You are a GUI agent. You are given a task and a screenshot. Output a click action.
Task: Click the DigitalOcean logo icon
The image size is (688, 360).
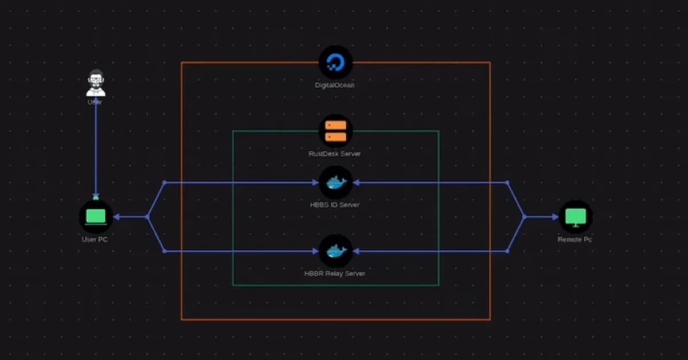[x=335, y=62]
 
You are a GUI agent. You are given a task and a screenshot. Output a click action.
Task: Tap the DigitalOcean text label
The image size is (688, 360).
[x=335, y=85]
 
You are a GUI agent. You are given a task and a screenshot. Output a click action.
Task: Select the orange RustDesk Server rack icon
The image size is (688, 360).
[x=335, y=131]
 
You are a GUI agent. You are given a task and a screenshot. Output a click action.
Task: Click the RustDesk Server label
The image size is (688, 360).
[x=335, y=154]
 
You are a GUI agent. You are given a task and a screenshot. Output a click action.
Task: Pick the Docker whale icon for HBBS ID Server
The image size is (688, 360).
[x=336, y=183]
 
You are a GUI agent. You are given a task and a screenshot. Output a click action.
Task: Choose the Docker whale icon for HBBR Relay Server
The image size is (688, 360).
[x=336, y=251]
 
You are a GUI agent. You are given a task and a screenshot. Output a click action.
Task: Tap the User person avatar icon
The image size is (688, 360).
[x=96, y=83]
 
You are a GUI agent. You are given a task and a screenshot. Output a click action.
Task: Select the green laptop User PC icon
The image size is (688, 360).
[x=95, y=217]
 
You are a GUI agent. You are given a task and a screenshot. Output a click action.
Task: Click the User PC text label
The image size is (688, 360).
[x=95, y=240]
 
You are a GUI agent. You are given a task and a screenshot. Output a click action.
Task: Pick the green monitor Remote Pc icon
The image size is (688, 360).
[x=575, y=217]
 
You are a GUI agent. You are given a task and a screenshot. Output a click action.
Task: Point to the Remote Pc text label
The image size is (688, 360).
[x=574, y=240]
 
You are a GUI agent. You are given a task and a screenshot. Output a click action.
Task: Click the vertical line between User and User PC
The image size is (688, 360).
[x=96, y=149]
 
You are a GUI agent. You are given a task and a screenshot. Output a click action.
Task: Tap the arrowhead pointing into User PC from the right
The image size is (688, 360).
[x=116, y=217]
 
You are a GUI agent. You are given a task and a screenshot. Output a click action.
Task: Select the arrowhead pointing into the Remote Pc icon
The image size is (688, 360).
[x=554, y=217]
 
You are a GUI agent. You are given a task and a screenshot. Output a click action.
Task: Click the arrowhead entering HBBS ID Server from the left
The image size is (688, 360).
[x=315, y=183]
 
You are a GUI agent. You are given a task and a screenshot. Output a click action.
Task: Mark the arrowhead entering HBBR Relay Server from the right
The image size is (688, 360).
[x=356, y=251]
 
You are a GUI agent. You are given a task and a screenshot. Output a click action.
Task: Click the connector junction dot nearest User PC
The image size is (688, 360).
[x=147, y=217]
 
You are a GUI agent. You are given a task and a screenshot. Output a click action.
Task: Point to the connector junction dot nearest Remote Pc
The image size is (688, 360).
[x=524, y=217]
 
